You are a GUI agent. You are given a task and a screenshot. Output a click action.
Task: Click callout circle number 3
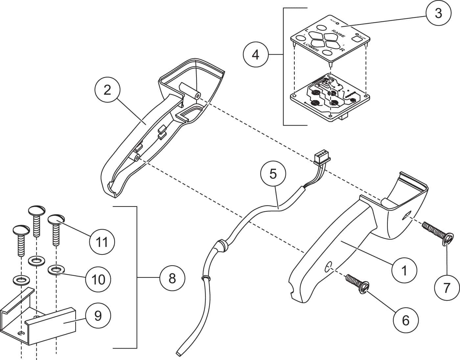tap(438, 13)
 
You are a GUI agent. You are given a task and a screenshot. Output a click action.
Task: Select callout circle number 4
tap(256, 54)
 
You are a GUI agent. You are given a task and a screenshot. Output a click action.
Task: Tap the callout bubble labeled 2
tap(107, 90)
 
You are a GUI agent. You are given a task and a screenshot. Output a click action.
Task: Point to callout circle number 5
tap(273, 174)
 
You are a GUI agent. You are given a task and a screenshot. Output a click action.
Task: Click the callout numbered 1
tap(404, 270)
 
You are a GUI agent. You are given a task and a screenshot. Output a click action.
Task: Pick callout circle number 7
tap(447, 288)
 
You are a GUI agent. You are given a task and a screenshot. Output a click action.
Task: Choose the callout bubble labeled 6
tap(406, 320)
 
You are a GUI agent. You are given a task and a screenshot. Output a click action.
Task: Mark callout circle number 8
tap(172, 278)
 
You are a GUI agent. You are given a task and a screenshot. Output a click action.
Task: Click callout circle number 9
tap(98, 316)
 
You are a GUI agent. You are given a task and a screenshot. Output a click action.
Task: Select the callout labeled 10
tap(98, 279)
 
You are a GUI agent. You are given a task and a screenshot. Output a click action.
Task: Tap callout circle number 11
tap(102, 242)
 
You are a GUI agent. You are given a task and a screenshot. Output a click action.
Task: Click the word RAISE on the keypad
tap(338, 34)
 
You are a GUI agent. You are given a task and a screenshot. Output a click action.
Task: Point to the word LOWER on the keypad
tap(311, 48)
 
